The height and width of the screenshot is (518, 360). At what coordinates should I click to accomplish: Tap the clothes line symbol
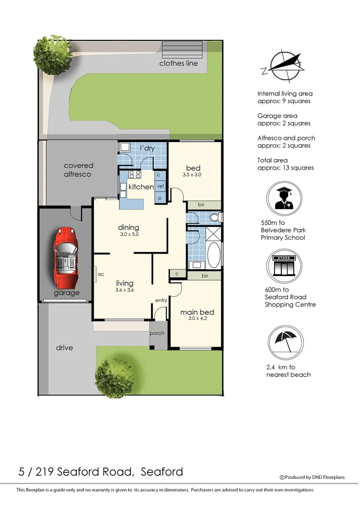click(x=176, y=49)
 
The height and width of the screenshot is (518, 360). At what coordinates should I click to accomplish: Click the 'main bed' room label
click(x=197, y=312)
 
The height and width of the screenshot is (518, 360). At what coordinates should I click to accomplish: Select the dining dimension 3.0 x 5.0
click(x=128, y=235)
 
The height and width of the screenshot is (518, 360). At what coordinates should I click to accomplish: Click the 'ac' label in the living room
click(x=101, y=274)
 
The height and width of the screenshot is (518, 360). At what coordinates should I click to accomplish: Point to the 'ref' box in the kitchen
click(x=161, y=186)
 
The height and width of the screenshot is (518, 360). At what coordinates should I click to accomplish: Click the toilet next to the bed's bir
click(x=215, y=218)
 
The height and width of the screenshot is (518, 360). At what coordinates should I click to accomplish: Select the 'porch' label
click(x=157, y=333)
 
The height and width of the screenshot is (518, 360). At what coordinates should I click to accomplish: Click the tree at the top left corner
click(x=50, y=53)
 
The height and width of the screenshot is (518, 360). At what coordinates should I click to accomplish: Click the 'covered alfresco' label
click(x=78, y=170)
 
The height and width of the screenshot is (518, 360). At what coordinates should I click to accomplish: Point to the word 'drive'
click(x=64, y=347)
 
